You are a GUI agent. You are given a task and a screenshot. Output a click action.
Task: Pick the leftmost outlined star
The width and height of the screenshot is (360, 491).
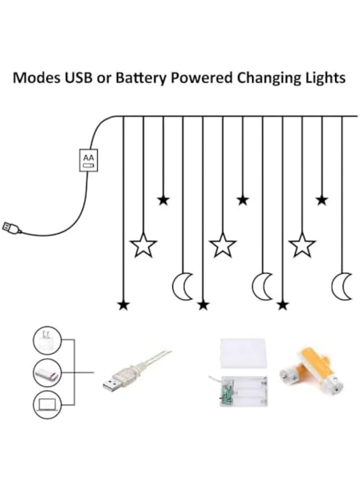coord(143,245)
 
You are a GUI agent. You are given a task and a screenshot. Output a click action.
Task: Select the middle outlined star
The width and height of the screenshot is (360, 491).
coord(223,245)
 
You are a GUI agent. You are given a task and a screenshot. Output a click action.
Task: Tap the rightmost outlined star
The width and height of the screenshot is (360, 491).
coord(302,245)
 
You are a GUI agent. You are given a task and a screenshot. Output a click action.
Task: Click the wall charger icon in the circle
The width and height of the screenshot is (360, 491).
coord(47,340)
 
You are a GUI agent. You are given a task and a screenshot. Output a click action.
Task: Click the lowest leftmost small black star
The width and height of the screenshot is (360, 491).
coord(123,305)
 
